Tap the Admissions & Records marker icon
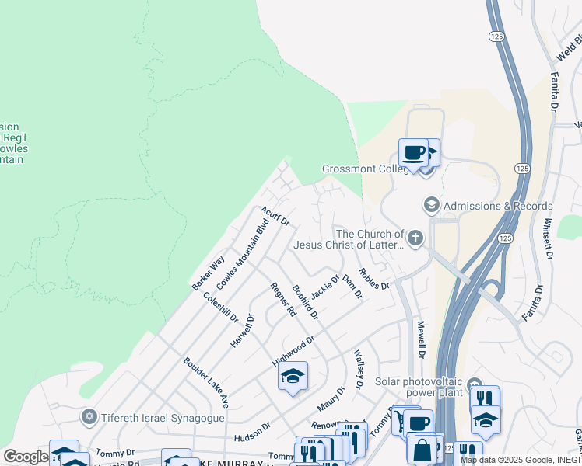(430, 205)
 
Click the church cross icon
(415, 238)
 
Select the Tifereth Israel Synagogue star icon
(89, 418)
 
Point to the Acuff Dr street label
(275, 216)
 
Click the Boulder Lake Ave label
(206, 382)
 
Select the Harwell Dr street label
(243, 330)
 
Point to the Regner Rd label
(283, 300)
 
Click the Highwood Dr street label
(293, 351)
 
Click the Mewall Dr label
(421, 339)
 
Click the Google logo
(26, 457)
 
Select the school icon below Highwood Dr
(293, 376)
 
